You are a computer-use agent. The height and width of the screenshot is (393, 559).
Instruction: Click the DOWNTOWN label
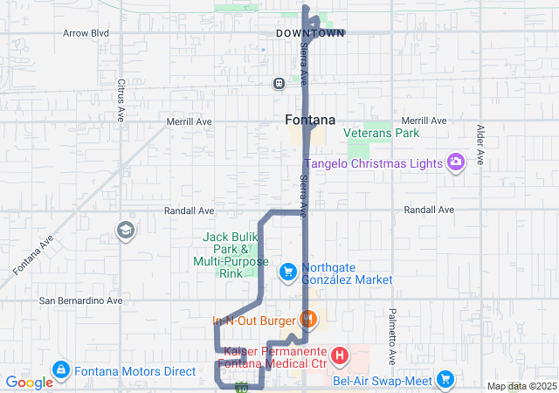point(310,33)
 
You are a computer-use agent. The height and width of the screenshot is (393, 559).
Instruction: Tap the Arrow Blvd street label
point(86,33)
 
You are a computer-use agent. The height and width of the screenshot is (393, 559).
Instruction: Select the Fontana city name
point(310,120)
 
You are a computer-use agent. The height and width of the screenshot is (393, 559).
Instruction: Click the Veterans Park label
point(381,134)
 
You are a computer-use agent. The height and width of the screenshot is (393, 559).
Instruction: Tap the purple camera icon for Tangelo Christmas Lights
point(455,162)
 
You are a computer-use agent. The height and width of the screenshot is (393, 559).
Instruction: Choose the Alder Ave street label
point(480,145)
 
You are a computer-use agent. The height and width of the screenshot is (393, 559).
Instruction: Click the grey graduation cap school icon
point(125,230)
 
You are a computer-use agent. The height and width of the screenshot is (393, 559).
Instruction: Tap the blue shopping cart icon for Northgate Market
point(287,272)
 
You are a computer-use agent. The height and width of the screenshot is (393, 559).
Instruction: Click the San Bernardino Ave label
point(81,300)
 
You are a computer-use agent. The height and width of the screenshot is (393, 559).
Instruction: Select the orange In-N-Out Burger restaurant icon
point(307,320)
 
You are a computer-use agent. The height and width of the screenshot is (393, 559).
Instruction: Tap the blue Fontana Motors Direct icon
point(61,371)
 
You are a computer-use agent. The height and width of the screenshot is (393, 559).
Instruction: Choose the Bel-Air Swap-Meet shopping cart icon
point(445,380)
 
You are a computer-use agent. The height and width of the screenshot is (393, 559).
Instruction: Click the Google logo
point(29,383)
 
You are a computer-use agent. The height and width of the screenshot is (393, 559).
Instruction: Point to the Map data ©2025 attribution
point(521,386)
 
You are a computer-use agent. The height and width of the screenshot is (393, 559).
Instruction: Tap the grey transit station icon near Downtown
point(279,84)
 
